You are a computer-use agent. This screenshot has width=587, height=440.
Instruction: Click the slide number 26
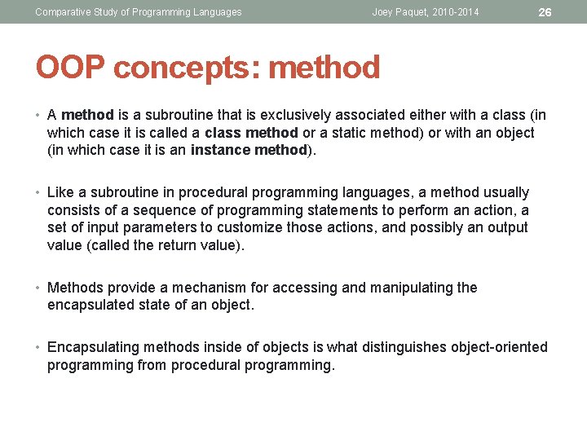pyautogui.click(x=545, y=12)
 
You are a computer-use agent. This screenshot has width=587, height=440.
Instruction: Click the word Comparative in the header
pyautogui.click(x=62, y=12)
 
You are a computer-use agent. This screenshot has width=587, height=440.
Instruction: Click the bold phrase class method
pyautogui.click(x=252, y=133)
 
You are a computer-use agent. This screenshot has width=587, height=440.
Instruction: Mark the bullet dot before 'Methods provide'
pyautogui.click(x=39, y=288)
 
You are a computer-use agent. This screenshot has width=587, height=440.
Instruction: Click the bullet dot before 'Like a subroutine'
pyautogui.click(x=39, y=193)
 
